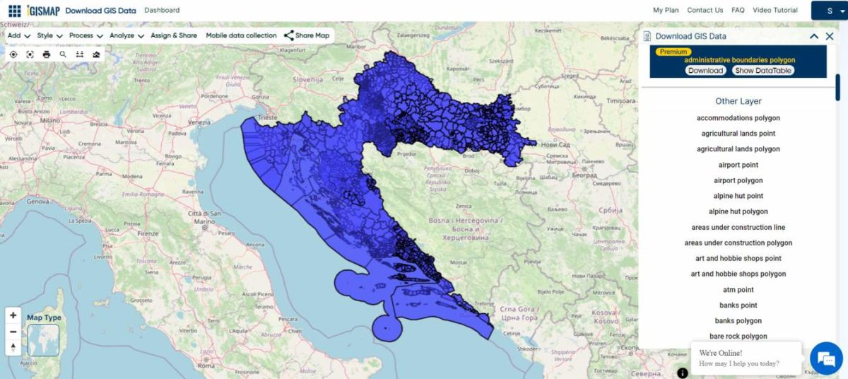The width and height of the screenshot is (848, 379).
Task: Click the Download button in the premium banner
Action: click(705, 71)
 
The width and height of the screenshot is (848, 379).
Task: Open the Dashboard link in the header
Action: click(162, 11)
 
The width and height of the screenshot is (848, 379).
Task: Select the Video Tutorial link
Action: click(775, 11)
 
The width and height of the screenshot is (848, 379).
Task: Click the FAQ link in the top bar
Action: click(738, 11)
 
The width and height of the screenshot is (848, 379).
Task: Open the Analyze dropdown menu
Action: click(126, 35)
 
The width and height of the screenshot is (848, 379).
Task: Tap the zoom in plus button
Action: click(13, 315)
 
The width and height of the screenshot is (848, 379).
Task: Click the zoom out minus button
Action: click(13, 332)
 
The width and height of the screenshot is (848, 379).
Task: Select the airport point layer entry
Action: click(738, 165)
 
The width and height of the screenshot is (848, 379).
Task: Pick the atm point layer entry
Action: click(738, 290)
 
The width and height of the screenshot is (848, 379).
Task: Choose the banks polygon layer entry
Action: click(738, 321)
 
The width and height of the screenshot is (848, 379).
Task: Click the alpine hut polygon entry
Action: click(738, 211)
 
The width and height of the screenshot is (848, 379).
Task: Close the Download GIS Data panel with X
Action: click(830, 36)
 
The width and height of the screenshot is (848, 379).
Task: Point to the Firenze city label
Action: click(148, 233)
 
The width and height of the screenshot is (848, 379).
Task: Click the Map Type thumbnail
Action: click(43, 340)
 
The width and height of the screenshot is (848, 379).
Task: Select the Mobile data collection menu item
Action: click(241, 35)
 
